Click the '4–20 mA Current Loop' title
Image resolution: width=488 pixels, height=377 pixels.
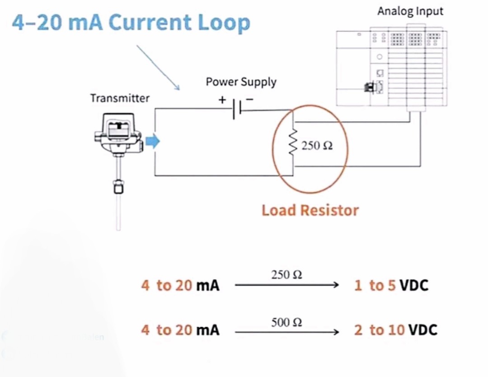[x=131, y=23]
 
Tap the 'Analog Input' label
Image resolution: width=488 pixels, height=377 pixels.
[x=410, y=11]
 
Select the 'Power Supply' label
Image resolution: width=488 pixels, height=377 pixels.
[x=241, y=82]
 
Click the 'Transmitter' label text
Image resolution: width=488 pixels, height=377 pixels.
[x=119, y=98]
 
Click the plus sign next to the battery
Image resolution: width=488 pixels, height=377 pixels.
[x=222, y=99]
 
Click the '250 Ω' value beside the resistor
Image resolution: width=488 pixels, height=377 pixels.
[x=317, y=146]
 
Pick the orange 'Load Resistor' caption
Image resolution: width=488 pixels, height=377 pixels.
[x=310, y=210]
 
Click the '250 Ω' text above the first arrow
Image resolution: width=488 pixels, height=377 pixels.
[x=286, y=274]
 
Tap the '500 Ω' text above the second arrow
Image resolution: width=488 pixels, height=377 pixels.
[x=286, y=322]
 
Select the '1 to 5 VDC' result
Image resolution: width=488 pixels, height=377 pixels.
[x=391, y=285]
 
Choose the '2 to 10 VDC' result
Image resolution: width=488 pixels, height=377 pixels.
[x=395, y=330]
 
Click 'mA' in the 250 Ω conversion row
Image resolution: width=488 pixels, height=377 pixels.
[x=208, y=286]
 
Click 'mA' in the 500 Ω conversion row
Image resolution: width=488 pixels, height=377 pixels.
[x=208, y=330]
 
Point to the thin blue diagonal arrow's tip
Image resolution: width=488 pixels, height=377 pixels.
[x=179, y=90]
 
